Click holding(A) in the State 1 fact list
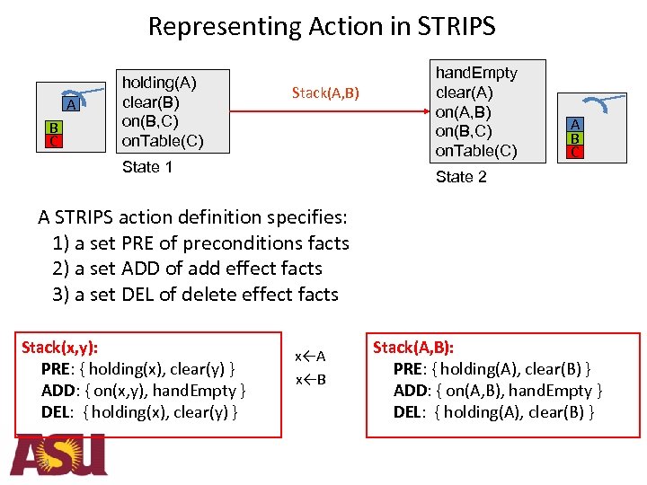click(159, 84)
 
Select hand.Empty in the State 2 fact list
click(476, 73)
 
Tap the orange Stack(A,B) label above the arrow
click(325, 93)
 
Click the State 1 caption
click(147, 167)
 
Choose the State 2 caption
click(461, 177)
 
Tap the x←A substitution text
click(310, 357)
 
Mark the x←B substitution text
click(310, 379)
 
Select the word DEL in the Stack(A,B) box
click(410, 412)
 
